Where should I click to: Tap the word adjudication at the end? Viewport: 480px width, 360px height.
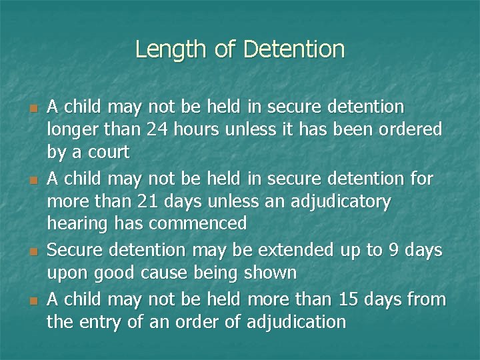pyautogui.click(x=296, y=323)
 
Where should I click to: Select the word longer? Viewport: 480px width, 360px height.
pyautogui.click(x=70, y=129)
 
